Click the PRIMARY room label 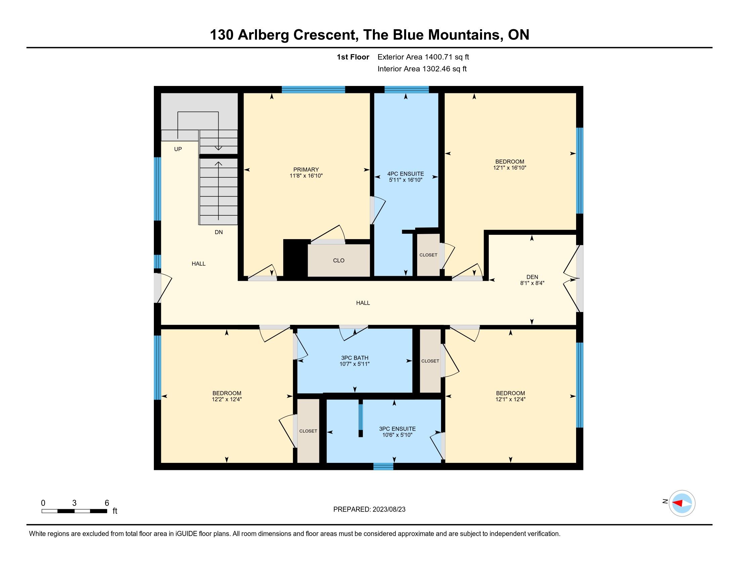pos(306,170)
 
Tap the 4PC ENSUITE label pos(405,174)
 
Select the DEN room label pos(532,277)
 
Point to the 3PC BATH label pos(354,358)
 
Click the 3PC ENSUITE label pos(397,429)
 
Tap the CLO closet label pos(339,260)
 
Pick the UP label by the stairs pos(178,149)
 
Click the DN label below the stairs pos(219,232)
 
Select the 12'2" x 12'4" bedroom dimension pos(227,399)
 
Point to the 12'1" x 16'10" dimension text pos(510,168)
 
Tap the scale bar pos(75,511)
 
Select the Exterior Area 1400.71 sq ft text pos(423,57)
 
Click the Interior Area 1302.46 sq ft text pos(422,69)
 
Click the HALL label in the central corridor pos(363,303)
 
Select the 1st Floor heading pos(353,57)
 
